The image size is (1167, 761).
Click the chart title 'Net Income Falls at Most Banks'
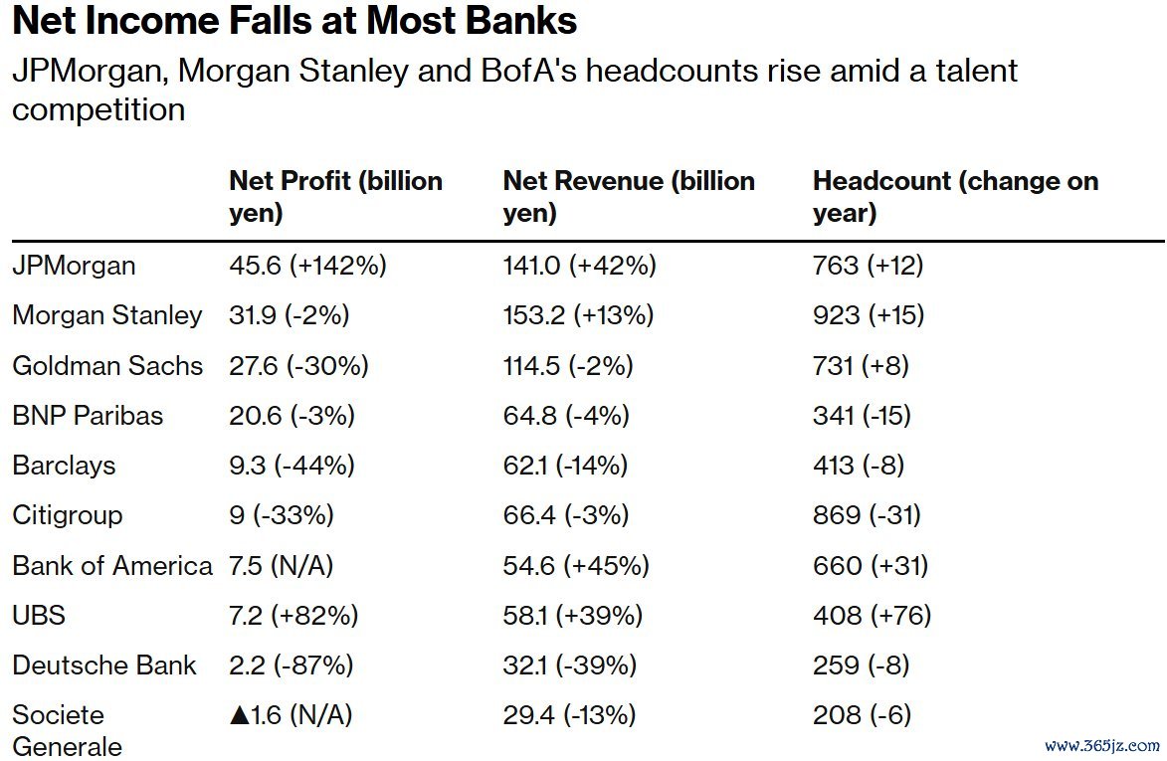(x=294, y=21)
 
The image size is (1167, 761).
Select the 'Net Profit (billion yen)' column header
(x=335, y=196)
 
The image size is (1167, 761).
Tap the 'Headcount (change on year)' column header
(x=955, y=196)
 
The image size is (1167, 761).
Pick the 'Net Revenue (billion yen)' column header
(x=629, y=196)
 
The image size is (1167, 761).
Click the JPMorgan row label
(x=75, y=266)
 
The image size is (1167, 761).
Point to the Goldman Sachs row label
(x=107, y=365)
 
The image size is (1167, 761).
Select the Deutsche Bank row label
(x=104, y=665)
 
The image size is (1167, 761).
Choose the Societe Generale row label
(x=68, y=730)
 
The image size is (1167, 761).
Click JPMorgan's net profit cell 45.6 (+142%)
(x=307, y=266)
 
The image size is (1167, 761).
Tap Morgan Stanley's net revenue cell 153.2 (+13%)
(x=578, y=315)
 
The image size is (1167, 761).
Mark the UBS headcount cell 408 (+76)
(x=872, y=615)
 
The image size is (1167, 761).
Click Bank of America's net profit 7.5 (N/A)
(x=282, y=565)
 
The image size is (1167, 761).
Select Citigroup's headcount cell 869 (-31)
(x=867, y=515)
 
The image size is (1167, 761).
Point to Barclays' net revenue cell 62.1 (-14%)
(x=565, y=466)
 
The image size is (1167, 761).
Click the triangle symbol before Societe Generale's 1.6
(x=240, y=714)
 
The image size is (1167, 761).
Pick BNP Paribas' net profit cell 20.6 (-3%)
(x=292, y=416)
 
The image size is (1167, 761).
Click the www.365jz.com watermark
(x=1102, y=744)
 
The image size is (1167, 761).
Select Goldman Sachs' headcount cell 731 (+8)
(x=861, y=365)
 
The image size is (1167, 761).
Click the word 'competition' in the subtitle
(x=98, y=108)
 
